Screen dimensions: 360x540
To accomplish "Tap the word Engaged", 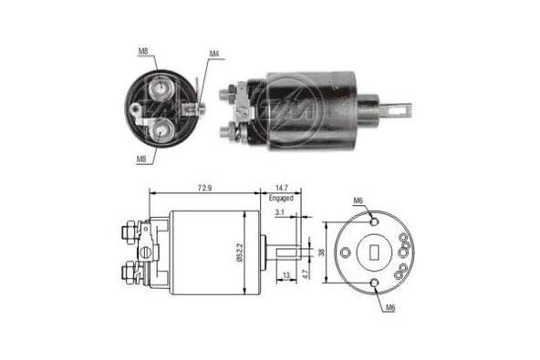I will [x=280, y=197].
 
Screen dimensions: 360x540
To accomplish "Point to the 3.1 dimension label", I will [x=280, y=212].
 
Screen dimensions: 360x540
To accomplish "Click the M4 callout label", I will [x=214, y=53].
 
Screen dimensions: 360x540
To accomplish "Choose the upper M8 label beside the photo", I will [x=143, y=52].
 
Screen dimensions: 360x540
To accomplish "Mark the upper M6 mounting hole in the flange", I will [x=376, y=219].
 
